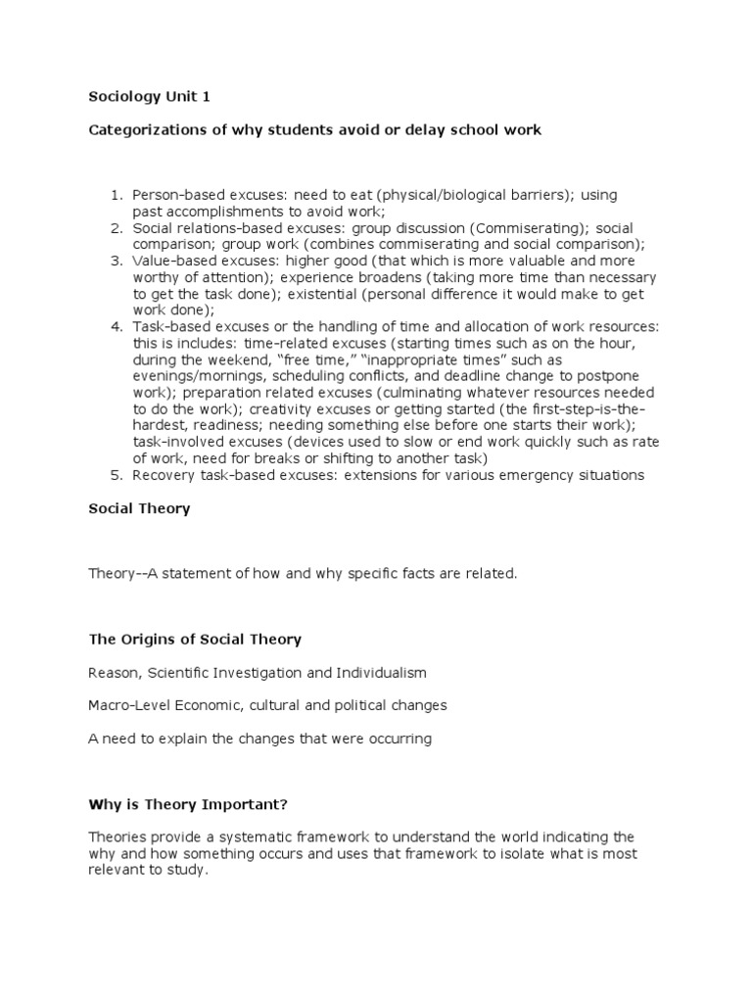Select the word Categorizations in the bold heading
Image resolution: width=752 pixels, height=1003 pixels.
click(x=148, y=129)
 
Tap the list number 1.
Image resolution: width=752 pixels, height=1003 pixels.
click(x=115, y=195)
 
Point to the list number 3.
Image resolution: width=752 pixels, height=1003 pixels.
click(x=115, y=261)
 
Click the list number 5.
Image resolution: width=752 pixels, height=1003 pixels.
click(x=115, y=475)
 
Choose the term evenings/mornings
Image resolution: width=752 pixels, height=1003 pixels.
click(x=204, y=376)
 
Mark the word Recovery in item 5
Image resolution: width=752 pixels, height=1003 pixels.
click(x=162, y=475)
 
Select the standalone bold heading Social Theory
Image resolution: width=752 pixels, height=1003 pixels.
click(x=139, y=508)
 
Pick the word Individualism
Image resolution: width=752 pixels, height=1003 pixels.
click(x=380, y=673)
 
